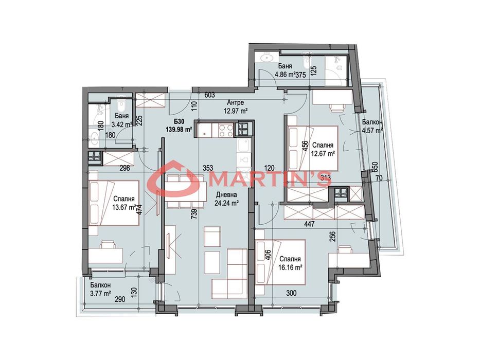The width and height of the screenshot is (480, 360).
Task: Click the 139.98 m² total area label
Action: [x=179, y=130]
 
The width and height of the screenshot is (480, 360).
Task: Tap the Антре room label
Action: [x=236, y=103]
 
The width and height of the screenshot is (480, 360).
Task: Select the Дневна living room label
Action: [x=226, y=195]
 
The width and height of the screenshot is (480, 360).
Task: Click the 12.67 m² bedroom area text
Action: [x=323, y=154]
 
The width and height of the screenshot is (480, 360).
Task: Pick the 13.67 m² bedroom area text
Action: [x=124, y=207]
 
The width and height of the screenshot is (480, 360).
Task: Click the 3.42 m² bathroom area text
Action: [x=122, y=124]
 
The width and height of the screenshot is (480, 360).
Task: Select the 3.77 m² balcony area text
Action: [x=100, y=294]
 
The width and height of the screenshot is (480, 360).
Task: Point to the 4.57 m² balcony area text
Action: [x=372, y=131]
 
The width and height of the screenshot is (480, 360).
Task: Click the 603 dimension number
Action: [x=210, y=95]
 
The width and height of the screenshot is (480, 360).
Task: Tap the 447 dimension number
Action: [x=310, y=224]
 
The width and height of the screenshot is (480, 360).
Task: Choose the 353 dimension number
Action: [x=208, y=168]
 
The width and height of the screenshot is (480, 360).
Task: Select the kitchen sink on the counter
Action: [x=244, y=145]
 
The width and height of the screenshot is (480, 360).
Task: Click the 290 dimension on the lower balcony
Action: [x=120, y=299]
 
